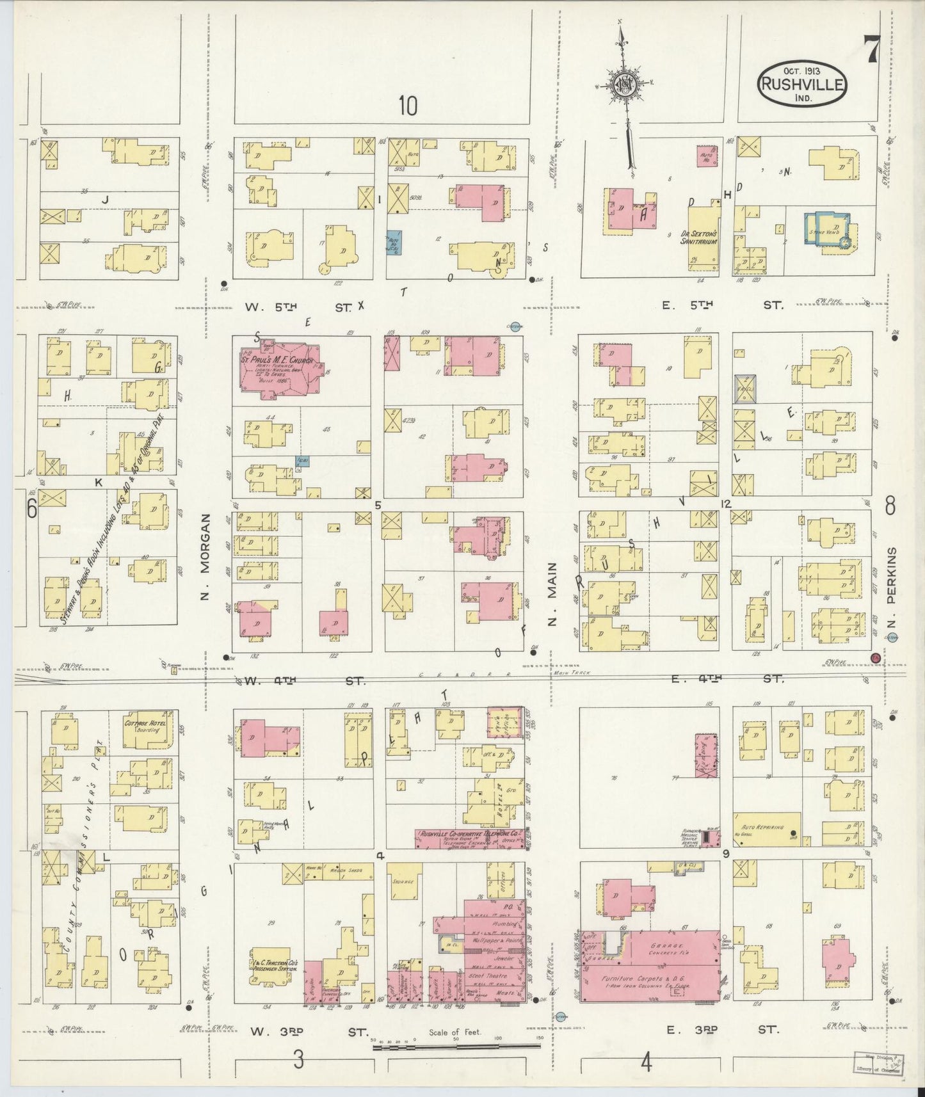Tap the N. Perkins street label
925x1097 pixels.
[892, 588]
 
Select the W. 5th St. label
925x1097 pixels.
[298, 308]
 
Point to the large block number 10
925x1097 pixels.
[408, 106]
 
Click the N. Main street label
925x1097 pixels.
[552, 594]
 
